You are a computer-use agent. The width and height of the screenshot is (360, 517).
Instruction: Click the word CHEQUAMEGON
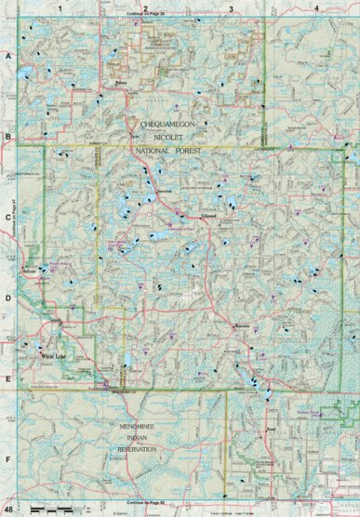(x=168, y=123)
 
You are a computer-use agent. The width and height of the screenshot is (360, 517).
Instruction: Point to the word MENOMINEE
(x=142, y=427)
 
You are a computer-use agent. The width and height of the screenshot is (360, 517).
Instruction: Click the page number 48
(x=8, y=510)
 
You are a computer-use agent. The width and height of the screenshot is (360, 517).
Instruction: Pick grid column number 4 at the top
(x=317, y=8)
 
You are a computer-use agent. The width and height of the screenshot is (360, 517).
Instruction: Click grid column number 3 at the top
(x=231, y=8)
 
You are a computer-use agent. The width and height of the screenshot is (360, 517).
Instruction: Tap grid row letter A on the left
(x=8, y=57)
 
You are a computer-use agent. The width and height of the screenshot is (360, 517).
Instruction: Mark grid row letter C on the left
(x=8, y=219)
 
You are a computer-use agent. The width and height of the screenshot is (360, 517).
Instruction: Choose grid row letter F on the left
(x=8, y=457)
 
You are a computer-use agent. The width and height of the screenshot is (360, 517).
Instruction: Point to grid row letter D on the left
(x=8, y=299)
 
